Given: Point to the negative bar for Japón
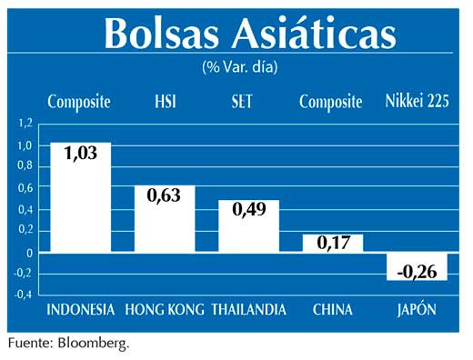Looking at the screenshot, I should (x=417, y=265).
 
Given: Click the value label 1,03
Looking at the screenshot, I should (x=80, y=155).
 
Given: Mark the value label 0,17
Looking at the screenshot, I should (x=332, y=244).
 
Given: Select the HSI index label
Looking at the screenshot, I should (x=165, y=102).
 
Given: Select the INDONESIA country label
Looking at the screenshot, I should (x=81, y=310).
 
